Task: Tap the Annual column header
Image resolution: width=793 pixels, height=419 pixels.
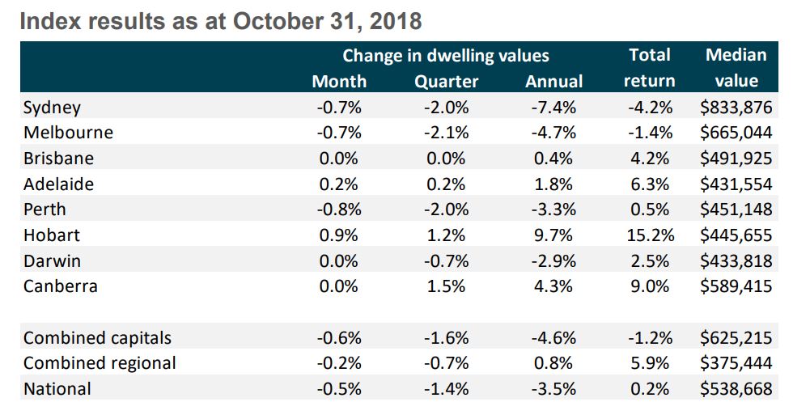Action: (x=553, y=81)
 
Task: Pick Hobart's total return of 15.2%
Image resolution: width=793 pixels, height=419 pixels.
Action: (x=649, y=235)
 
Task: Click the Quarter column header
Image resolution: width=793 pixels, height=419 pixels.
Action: (x=446, y=81)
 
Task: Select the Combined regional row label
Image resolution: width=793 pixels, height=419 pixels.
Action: (x=100, y=363)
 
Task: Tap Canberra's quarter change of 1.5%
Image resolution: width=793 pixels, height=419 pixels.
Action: (x=446, y=286)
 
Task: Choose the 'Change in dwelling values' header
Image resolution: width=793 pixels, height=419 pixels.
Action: (x=445, y=56)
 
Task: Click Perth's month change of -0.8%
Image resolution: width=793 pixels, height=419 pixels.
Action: (x=338, y=209)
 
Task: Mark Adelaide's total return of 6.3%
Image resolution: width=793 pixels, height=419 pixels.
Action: (x=649, y=184)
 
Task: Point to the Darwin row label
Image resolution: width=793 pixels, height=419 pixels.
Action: (x=52, y=261)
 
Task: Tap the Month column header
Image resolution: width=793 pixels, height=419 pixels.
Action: (x=338, y=81)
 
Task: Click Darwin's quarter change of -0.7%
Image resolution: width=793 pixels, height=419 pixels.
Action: (x=446, y=261)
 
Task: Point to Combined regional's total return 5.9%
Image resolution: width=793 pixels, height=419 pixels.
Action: (x=649, y=363)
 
